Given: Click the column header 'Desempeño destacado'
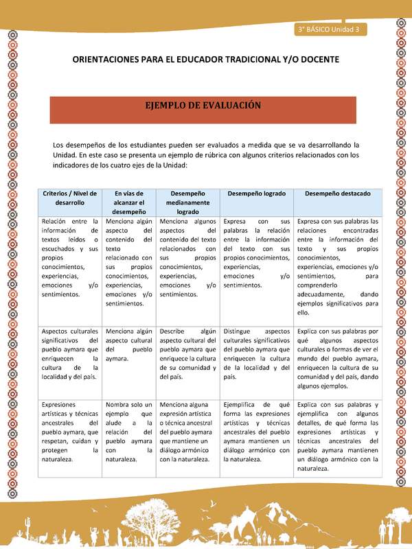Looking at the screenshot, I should coord(332,194).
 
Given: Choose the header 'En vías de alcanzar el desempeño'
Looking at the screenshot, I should coord(129,202).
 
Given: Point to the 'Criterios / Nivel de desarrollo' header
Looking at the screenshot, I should coord(70,198).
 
